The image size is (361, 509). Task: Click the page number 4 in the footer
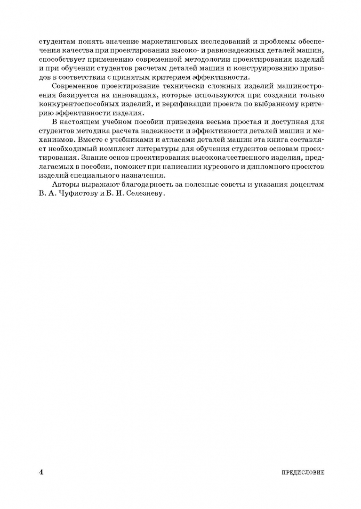tap(41, 472)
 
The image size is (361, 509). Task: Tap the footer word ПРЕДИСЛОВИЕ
tap(302, 472)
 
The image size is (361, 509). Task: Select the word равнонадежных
tap(233, 50)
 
